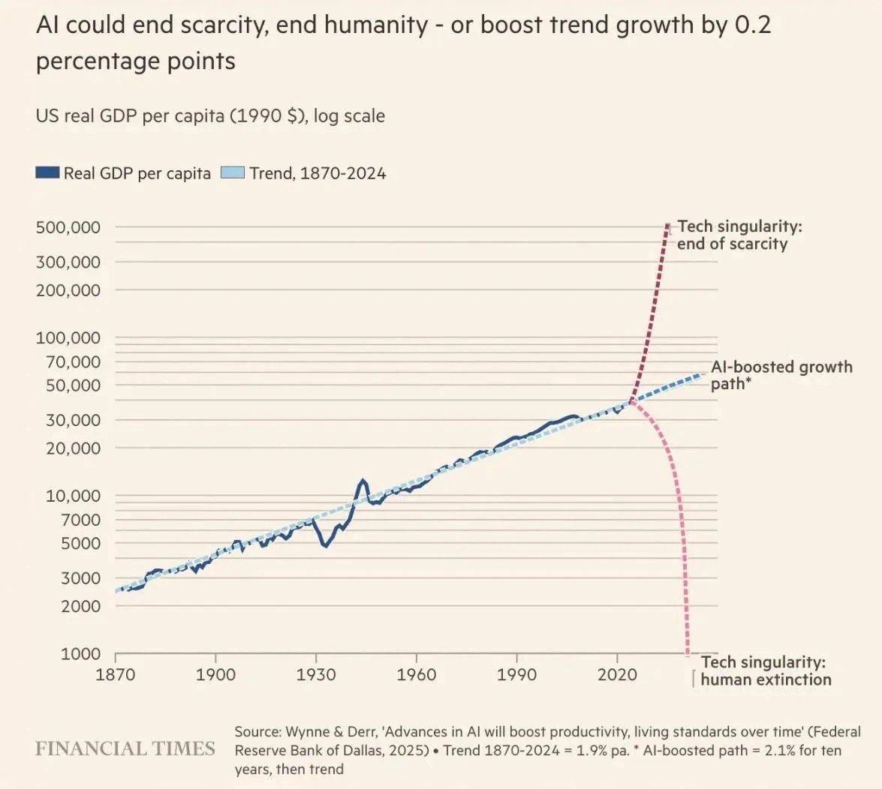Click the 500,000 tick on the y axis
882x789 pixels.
68,227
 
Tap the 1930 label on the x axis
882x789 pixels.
316,674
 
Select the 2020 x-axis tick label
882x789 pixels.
616,674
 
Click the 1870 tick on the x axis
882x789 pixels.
116,674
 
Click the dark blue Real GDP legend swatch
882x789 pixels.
47,173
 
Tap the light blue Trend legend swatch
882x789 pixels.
233,173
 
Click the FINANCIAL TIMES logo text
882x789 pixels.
125,748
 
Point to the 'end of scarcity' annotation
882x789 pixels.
732,244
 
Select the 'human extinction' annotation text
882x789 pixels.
766,679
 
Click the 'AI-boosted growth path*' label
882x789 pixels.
781,375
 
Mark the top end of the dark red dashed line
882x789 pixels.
667,224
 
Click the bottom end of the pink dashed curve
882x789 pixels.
688,653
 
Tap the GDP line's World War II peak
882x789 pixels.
363,480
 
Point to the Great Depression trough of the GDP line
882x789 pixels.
325,545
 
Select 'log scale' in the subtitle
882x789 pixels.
349,116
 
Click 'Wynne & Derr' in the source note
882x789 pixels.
328,731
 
